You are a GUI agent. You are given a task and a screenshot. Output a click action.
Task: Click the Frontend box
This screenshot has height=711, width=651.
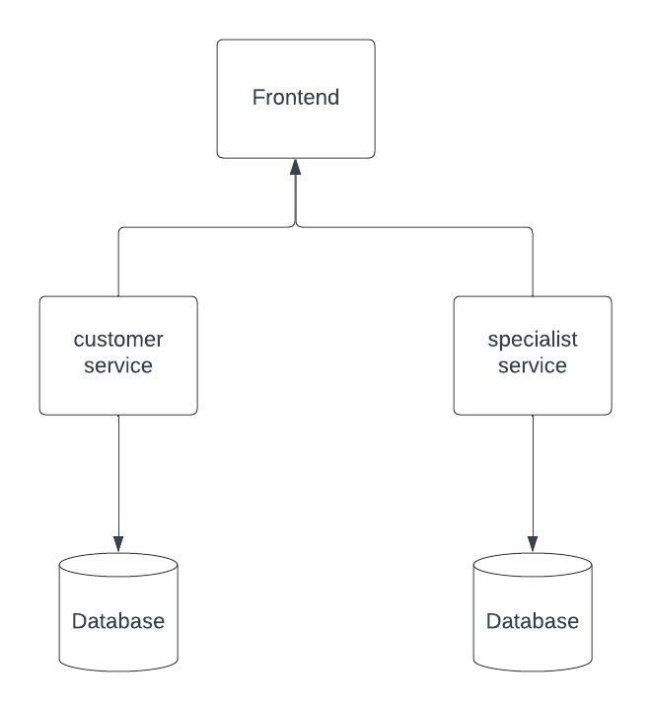pos(296,128)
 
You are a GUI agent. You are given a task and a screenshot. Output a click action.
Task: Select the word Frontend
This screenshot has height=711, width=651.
pos(296,98)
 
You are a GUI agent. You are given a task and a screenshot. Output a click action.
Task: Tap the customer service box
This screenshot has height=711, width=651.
pos(118,390)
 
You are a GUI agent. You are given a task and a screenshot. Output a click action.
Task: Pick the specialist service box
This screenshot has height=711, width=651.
pos(533,390)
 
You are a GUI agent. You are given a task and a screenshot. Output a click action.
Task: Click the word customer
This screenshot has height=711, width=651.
pos(118,340)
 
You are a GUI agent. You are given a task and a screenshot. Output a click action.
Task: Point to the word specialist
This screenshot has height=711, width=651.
pos(533,340)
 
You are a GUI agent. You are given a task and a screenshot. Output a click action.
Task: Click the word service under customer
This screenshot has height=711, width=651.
pos(118,365)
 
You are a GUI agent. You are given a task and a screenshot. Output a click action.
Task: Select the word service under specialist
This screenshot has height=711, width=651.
pos(533,365)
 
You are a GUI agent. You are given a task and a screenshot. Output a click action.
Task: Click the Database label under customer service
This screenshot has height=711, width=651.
pos(118,621)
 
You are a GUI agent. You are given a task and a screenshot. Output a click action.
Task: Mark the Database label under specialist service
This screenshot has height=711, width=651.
pos(533,621)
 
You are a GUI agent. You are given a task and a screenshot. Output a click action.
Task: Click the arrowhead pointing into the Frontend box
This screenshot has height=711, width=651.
pos(295,167)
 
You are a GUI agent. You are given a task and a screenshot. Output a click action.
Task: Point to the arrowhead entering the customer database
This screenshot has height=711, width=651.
pos(118,544)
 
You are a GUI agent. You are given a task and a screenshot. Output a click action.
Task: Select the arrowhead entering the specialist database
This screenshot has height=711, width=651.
pos(533,544)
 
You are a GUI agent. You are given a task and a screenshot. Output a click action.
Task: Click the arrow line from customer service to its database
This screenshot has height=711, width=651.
pos(118,474)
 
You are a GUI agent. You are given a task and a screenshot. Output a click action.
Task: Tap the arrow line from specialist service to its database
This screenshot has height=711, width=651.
pos(533,474)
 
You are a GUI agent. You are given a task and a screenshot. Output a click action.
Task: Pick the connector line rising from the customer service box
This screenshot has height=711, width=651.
pos(118,262)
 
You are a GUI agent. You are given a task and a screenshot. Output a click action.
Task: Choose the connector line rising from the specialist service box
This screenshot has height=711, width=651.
pos(533,262)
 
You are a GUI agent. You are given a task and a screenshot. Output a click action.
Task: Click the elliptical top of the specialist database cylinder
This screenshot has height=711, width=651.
pos(533,566)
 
